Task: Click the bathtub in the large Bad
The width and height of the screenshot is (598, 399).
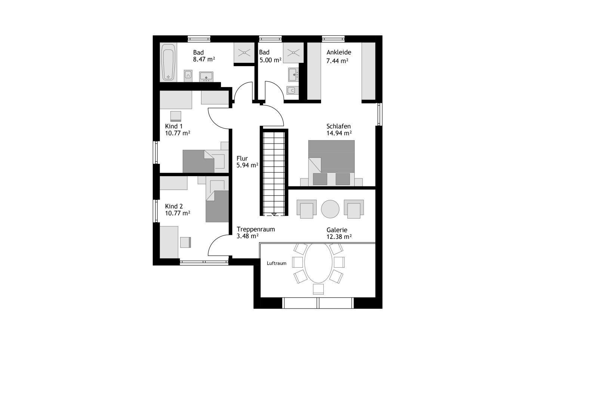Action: click(x=168, y=62)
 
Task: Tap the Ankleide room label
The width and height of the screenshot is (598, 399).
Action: click(x=339, y=52)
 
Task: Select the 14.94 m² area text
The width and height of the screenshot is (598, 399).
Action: click(x=339, y=133)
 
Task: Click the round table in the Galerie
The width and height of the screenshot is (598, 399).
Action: click(x=330, y=209)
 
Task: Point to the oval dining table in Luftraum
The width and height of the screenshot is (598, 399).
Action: click(x=318, y=263)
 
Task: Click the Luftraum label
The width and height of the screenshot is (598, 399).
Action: click(x=277, y=263)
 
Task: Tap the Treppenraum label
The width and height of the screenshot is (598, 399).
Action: click(x=256, y=229)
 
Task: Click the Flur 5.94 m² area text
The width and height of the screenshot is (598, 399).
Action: click(x=247, y=165)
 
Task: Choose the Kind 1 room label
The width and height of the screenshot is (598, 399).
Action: click(x=173, y=126)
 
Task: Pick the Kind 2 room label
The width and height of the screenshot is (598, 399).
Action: click(x=174, y=206)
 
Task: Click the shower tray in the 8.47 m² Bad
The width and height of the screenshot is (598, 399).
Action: click(x=244, y=53)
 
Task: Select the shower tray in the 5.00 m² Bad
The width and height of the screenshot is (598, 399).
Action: click(x=293, y=53)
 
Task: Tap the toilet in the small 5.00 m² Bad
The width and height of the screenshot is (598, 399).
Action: click(x=292, y=90)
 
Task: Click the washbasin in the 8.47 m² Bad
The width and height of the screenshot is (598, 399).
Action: click(x=206, y=76)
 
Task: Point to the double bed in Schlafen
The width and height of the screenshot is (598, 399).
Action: click(x=331, y=163)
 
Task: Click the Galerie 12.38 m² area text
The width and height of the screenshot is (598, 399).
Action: click(x=339, y=237)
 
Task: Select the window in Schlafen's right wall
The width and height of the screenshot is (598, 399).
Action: click(x=379, y=114)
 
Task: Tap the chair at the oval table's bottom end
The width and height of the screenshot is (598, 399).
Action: click(x=318, y=289)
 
